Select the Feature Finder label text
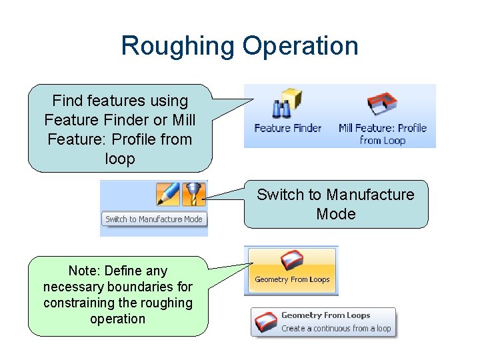click(x=288, y=128)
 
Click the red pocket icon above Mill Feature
click(x=382, y=104)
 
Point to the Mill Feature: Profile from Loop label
click(x=383, y=134)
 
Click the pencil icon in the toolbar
click(x=168, y=193)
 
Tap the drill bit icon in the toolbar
click(x=195, y=193)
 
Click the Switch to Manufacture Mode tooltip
click(x=154, y=219)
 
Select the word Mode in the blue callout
click(x=336, y=214)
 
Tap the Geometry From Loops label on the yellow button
click(x=292, y=280)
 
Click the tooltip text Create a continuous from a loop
click(x=336, y=329)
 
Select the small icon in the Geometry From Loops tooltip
click(x=265, y=322)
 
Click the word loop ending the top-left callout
click(x=120, y=159)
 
